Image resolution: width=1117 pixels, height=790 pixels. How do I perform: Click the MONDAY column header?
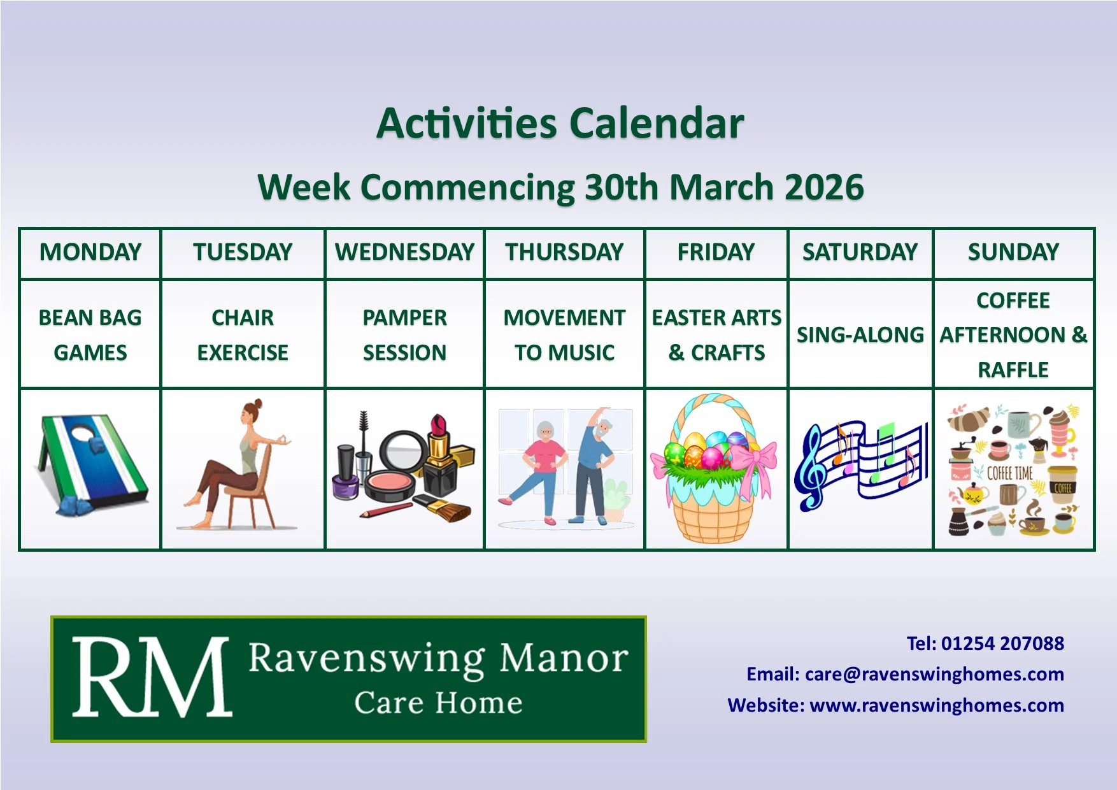90,252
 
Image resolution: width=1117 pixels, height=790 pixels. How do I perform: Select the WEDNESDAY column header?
405,252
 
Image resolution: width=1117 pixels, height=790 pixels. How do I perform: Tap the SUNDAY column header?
1013,252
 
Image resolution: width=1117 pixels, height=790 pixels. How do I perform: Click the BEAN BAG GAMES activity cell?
90,335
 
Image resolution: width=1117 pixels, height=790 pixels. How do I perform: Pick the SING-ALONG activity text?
860,335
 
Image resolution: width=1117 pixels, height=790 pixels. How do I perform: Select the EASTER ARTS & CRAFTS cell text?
716,335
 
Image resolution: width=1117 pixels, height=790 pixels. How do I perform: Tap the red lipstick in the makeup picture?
440,436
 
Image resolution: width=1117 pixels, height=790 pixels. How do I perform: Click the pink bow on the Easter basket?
755,464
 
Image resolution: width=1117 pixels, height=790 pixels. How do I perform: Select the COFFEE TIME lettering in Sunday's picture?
1010,473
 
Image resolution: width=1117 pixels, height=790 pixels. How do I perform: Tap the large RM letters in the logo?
151,678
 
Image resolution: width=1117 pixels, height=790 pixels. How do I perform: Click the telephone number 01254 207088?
1002,643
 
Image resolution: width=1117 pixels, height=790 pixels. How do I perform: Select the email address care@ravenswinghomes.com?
934,674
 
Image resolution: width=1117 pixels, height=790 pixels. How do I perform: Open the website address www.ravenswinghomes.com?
937,705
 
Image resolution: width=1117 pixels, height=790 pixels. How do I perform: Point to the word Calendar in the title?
657,122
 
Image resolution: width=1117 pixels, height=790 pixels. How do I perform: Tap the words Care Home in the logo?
438,703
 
